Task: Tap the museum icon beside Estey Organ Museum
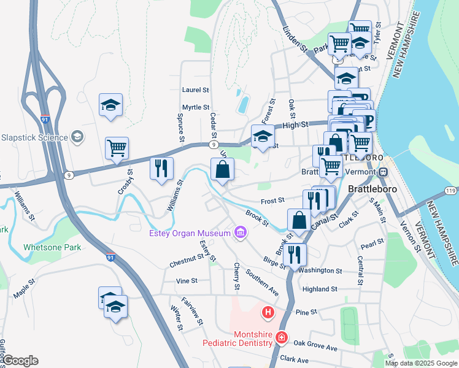click(x=239, y=232)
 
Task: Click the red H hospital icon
click(x=268, y=313)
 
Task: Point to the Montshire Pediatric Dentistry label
click(x=238, y=339)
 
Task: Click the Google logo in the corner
click(x=20, y=361)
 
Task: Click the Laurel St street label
click(x=196, y=90)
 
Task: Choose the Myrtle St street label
click(x=196, y=107)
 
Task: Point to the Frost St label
click(x=272, y=200)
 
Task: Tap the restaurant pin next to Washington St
click(x=296, y=254)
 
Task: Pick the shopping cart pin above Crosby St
click(x=116, y=148)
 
